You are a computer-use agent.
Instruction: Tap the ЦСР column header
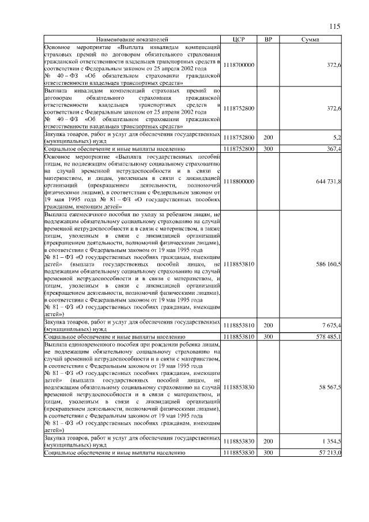(x=239, y=39)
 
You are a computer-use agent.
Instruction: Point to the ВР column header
(x=268, y=39)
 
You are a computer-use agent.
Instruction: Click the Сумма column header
(x=311, y=39)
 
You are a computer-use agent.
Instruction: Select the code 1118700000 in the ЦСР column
(x=239, y=65)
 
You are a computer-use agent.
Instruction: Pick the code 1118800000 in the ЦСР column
(x=239, y=181)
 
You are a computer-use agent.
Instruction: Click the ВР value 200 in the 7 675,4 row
(x=268, y=325)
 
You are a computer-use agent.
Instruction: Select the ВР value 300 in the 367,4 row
(x=268, y=149)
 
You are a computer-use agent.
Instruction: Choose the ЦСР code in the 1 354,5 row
(x=239, y=441)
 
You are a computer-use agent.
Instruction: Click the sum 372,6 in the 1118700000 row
(x=334, y=65)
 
